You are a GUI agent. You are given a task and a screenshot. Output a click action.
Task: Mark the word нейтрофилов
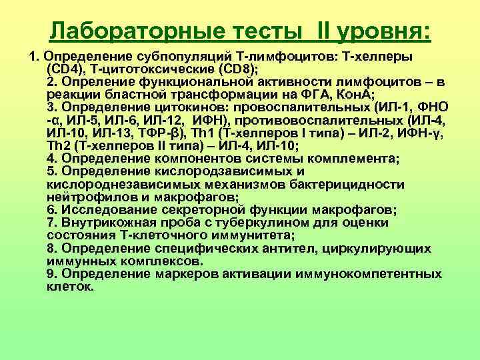83,197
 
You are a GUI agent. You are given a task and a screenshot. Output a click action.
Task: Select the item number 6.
51,209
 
